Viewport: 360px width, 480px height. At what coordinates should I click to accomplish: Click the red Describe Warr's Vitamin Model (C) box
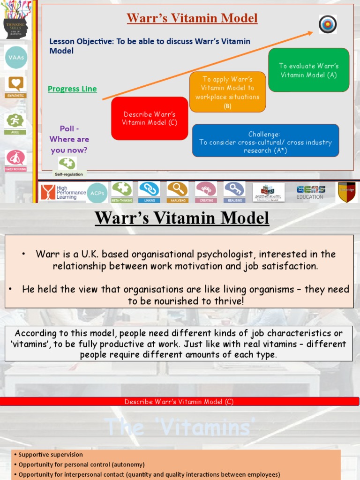coord(150,118)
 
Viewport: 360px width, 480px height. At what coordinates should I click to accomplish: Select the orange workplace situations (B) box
coord(227,92)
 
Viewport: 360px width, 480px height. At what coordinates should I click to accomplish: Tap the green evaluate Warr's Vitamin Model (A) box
coord(308,70)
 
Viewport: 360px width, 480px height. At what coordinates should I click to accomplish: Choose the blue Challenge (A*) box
coord(265,140)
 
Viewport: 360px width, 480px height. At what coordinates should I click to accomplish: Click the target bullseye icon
coord(328,24)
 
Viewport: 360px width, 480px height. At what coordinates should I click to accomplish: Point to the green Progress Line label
coord(72,89)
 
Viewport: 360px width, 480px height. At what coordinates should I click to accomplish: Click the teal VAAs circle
coord(16,57)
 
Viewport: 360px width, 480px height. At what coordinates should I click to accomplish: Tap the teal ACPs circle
coord(97,192)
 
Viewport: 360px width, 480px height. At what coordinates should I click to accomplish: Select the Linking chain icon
coord(150,189)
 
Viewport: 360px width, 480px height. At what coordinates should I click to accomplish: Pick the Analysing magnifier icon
coord(178,189)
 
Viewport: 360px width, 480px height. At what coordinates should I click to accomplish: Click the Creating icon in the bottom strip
coord(206,189)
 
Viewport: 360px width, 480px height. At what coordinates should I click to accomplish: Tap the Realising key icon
coord(234,189)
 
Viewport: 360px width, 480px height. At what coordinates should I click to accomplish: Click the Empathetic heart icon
coord(16,84)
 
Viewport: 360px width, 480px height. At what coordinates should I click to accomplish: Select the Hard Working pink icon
coord(16,158)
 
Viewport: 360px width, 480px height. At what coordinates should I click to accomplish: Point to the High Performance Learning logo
coord(63,192)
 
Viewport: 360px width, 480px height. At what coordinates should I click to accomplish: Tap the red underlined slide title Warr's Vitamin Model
coord(192,18)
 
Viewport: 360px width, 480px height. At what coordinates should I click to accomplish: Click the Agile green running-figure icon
coord(16,121)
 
